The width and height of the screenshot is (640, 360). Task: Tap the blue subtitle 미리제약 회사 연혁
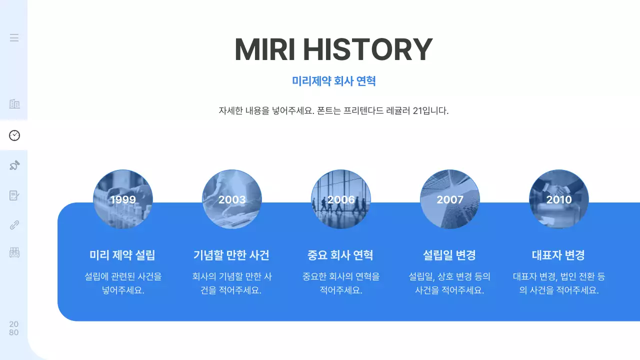(333, 81)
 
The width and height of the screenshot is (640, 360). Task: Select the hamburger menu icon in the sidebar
(14, 37)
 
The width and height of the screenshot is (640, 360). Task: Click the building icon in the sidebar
(14, 104)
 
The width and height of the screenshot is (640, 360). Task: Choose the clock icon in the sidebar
(14, 135)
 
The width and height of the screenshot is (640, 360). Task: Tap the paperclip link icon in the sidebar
(14, 224)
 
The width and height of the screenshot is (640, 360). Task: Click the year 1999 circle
(123, 199)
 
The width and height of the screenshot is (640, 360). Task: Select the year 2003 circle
(232, 199)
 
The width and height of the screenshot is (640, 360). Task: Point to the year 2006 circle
(341, 199)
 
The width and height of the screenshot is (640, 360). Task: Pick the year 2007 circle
(450, 199)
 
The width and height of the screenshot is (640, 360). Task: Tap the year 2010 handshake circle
(559, 199)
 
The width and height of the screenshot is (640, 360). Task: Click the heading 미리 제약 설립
(122, 255)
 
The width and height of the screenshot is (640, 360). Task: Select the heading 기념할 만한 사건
(231, 255)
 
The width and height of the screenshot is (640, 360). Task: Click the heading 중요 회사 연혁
(340, 255)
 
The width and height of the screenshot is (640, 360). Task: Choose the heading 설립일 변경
(449, 255)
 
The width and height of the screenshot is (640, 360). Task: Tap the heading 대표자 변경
(558, 255)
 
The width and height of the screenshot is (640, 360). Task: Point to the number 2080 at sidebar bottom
(14, 328)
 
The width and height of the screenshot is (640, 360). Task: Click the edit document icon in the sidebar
(14, 195)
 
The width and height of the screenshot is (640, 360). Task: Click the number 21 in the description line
(418, 111)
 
